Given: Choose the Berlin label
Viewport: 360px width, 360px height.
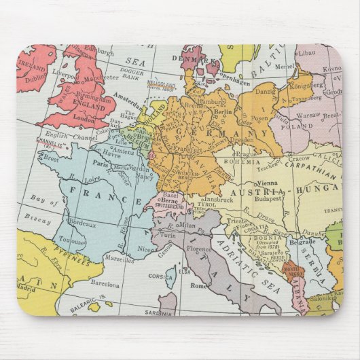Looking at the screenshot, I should [222, 111].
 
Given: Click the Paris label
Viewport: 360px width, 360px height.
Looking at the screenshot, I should [102, 164].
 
